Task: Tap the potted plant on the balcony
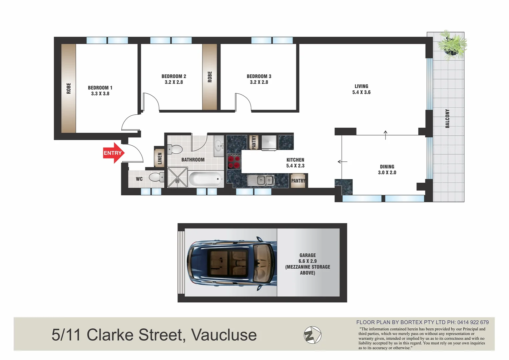[x=452, y=45]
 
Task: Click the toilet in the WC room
[x=156, y=177]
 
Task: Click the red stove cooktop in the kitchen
[x=234, y=162]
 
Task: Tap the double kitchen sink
[x=261, y=180]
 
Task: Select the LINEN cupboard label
[x=159, y=158]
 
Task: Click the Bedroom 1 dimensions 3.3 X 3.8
[x=100, y=94]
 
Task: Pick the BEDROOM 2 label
[x=174, y=76]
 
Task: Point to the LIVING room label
[x=361, y=86]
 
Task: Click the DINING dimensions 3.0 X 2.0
[x=387, y=173]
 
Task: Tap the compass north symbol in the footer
[x=313, y=335]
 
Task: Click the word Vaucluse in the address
[x=224, y=335]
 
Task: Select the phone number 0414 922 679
[x=473, y=322]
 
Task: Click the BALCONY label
[x=447, y=118]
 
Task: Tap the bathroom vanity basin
[x=219, y=145]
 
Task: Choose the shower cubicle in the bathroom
[x=177, y=177]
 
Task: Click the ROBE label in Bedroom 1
[x=69, y=88]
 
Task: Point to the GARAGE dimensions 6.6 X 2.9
[x=307, y=261]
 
